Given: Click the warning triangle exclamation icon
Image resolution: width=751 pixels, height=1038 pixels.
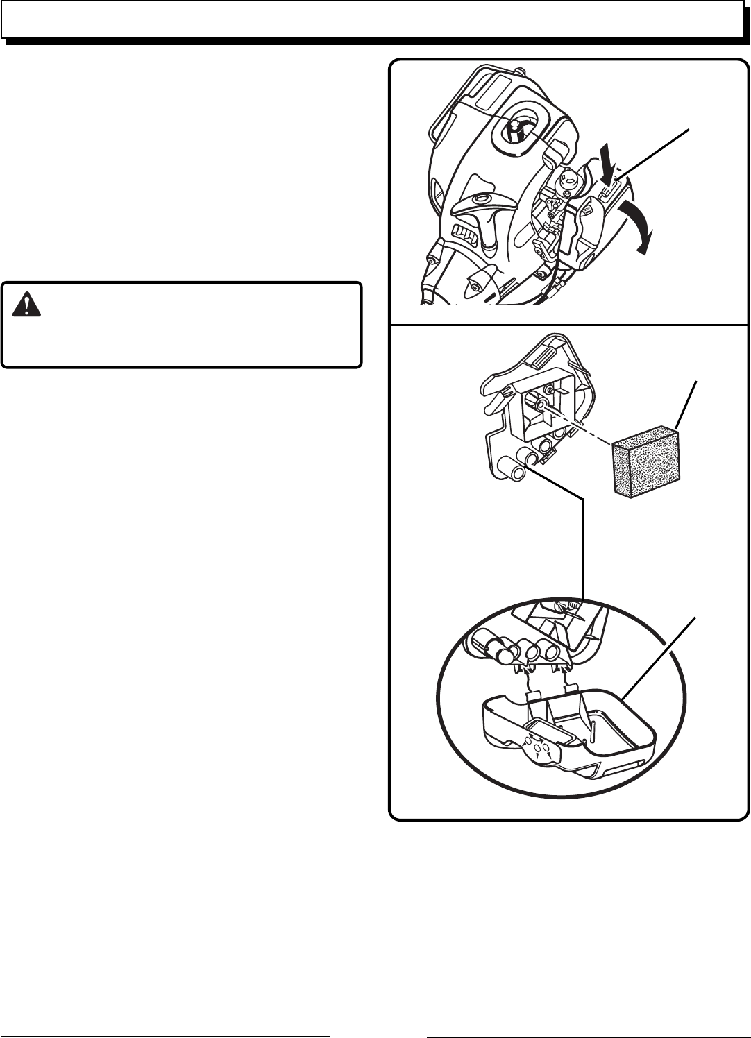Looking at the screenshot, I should coord(27,304).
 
